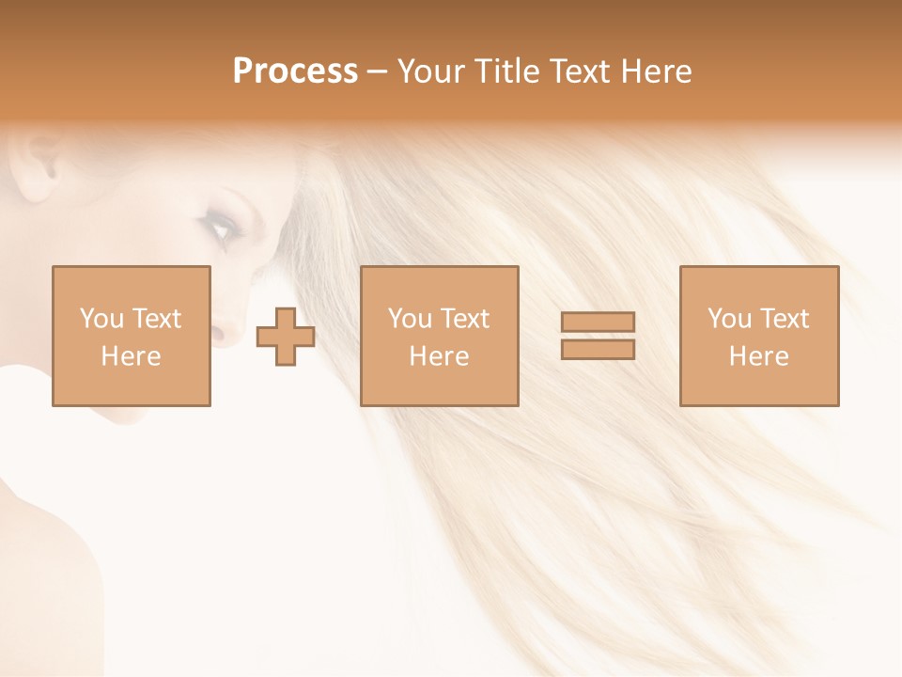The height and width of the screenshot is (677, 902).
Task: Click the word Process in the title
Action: coord(295,71)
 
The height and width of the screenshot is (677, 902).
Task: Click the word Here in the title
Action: coord(661,71)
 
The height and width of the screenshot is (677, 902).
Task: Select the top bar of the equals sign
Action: coord(598,322)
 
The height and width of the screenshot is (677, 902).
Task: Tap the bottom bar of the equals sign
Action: coord(598,350)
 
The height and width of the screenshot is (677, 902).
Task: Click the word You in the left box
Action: coord(101,319)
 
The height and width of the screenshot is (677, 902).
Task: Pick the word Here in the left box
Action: coord(131,356)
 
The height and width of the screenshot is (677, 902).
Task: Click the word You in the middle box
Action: coord(410,319)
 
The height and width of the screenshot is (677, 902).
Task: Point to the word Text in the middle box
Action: coord(464,319)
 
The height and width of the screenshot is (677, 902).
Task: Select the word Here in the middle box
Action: coord(439,356)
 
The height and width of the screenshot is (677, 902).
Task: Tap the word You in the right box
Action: coord(729,319)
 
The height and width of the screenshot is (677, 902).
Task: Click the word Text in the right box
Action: coord(784,319)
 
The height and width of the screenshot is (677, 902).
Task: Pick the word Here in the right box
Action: coord(758,356)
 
